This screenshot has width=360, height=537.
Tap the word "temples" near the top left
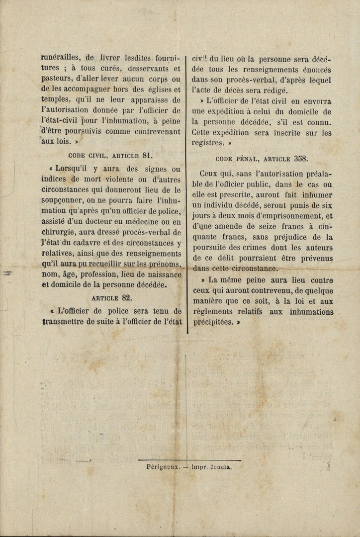[x=55, y=99]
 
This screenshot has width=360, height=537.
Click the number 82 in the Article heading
[x=126, y=298]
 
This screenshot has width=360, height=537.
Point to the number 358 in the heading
[x=301, y=159]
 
